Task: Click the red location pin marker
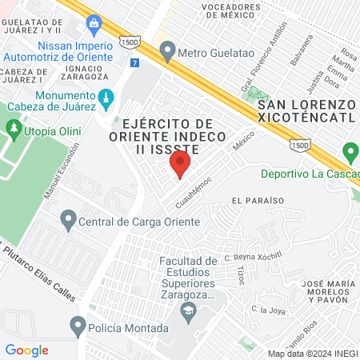click(180, 166)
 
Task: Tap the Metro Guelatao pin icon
click(167, 52)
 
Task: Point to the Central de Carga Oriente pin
click(68, 218)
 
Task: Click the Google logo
click(26, 350)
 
